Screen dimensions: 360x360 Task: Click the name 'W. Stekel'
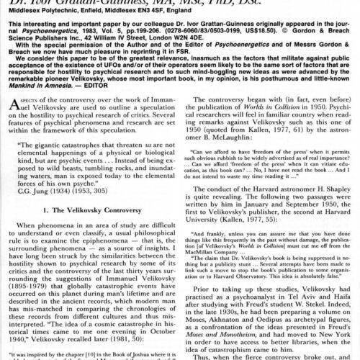318,293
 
